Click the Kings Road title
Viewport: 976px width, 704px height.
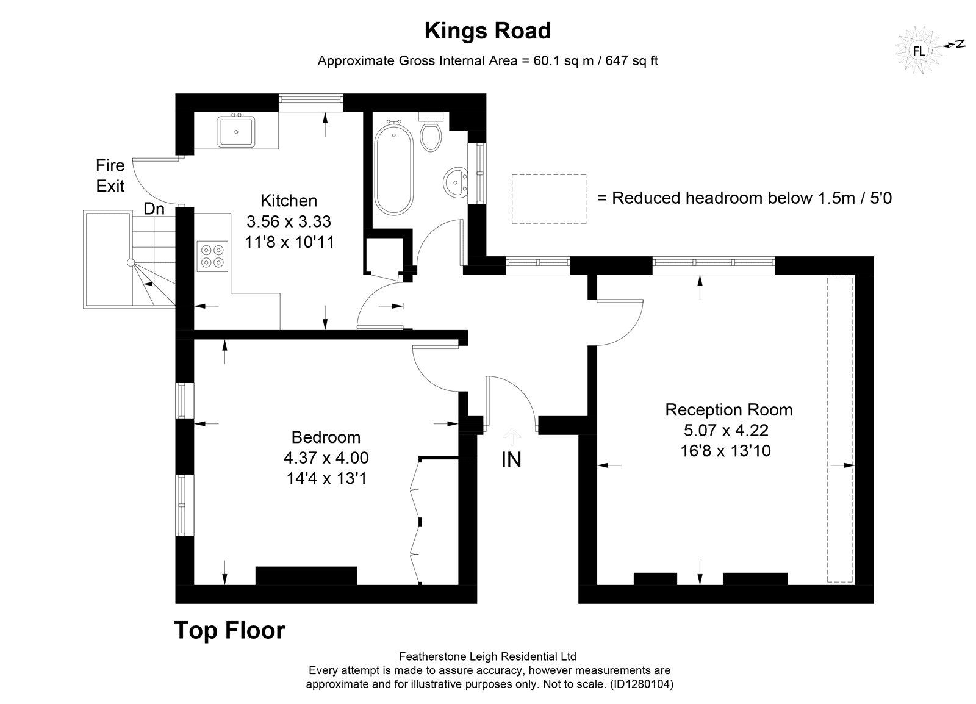(487, 31)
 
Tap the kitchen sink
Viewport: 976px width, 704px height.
(236, 131)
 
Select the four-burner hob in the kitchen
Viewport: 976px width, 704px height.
(212, 257)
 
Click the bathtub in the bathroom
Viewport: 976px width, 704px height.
(393, 170)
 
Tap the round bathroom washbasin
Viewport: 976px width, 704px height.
(455, 183)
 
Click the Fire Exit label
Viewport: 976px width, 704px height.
(110, 176)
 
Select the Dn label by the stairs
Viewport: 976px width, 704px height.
(154, 209)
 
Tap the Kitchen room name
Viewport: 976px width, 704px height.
(289, 201)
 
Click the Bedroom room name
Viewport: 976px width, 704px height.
(326, 437)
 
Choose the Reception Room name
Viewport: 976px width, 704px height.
(729, 410)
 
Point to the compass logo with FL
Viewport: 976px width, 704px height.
(919, 51)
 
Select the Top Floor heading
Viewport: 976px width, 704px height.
(229, 630)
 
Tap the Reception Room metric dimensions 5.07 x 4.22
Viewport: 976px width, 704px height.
(726, 431)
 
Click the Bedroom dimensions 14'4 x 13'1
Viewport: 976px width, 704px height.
(327, 479)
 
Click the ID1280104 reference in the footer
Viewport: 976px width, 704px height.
(643, 684)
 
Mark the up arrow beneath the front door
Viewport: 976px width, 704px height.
(512, 437)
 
